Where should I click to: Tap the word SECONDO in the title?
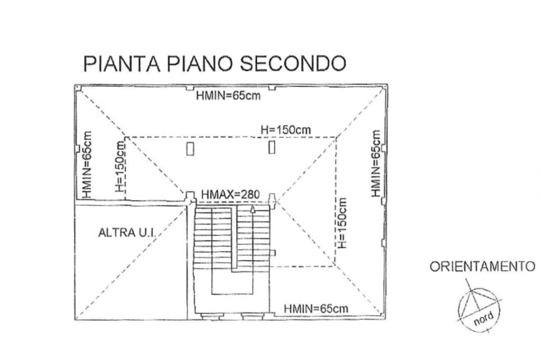(293, 63)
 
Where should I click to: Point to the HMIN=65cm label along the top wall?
(228, 96)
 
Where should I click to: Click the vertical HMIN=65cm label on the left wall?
(88, 164)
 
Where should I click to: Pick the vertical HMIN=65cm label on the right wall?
(376, 164)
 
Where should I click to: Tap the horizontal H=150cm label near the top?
(286, 130)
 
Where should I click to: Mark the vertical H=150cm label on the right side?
(343, 223)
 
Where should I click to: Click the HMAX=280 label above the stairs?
(230, 195)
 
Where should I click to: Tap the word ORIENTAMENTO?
(482, 266)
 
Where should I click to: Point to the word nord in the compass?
(483, 318)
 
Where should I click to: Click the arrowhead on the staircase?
(253, 210)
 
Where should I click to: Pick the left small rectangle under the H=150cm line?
(190, 150)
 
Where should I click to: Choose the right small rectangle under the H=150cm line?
(272, 147)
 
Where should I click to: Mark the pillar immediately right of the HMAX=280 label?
(272, 199)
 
